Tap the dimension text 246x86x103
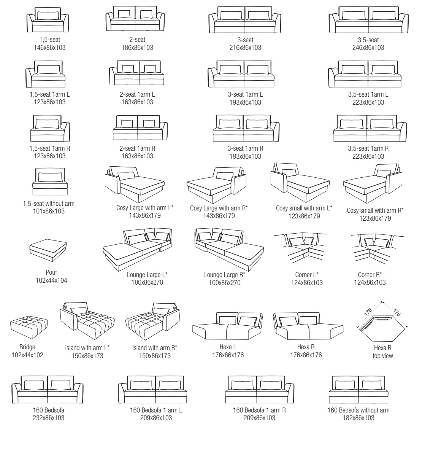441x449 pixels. (x=368, y=48)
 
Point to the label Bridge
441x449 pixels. (x=27, y=347)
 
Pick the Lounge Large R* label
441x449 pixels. (x=225, y=275)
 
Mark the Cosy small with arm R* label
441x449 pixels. (x=375, y=210)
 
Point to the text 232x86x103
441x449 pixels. (x=48, y=418)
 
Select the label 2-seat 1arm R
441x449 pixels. (x=137, y=148)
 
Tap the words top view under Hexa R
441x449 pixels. (x=383, y=356)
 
